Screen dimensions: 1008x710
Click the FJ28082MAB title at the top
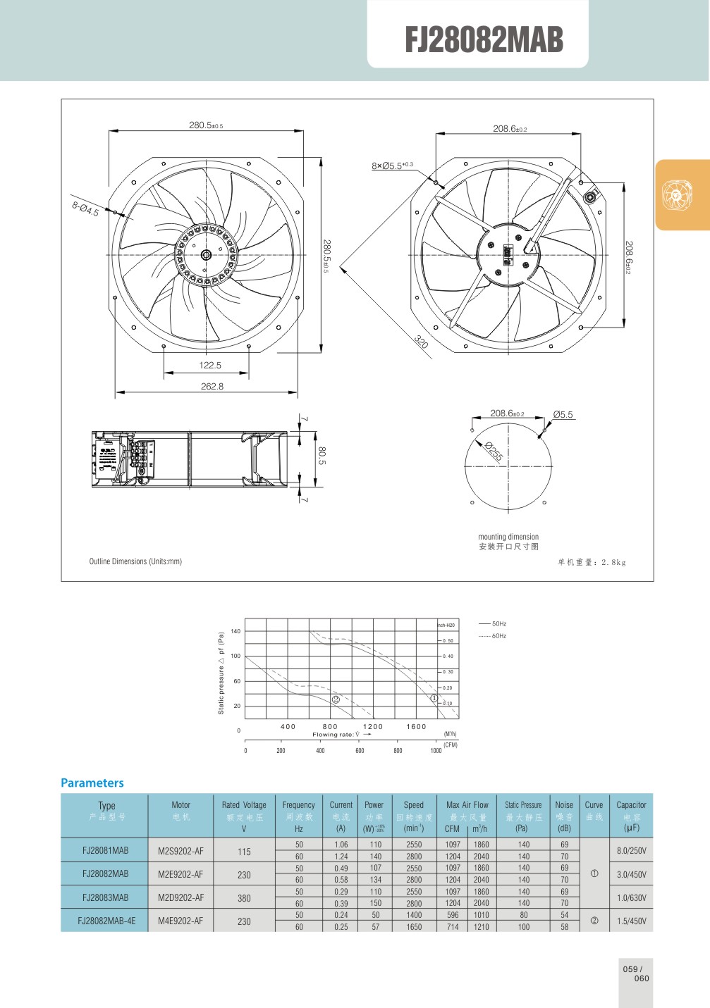point(484,40)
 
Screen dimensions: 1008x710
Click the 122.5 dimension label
point(210,365)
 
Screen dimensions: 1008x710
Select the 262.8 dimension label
point(212,386)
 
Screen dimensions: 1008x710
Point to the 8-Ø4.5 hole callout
point(85,209)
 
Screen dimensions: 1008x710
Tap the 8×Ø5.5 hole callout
point(392,166)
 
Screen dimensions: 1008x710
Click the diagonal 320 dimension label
point(421,342)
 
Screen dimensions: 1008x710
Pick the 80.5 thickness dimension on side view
point(322,456)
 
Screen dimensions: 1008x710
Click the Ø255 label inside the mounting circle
point(494,452)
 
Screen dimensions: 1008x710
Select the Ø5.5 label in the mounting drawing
point(563,414)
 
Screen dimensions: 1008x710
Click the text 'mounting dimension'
point(508,537)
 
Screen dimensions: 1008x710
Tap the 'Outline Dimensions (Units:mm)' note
point(135,561)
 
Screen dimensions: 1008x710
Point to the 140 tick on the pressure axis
point(235,631)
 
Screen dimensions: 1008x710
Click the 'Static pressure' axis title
point(221,673)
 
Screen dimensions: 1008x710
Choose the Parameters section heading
point(92,783)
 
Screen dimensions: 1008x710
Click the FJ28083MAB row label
point(105,897)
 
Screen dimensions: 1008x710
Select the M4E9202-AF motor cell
point(180,921)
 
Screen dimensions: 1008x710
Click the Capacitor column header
point(631,804)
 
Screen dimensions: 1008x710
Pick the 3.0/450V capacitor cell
point(631,874)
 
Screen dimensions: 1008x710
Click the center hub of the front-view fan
point(206,255)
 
